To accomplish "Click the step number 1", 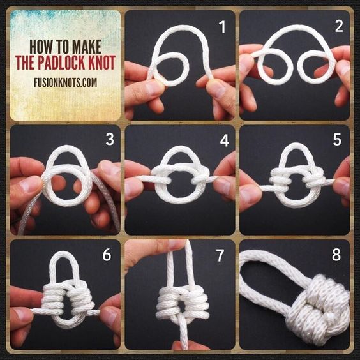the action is pyautogui.click(x=222, y=27).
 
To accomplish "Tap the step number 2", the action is pyautogui.click(x=339, y=26).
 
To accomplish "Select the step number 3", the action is pyautogui.click(x=110, y=139).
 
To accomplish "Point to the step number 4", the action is pyautogui.click(x=224, y=140).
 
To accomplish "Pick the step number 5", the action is pyautogui.click(x=337, y=139).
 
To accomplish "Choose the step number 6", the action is pyautogui.click(x=107, y=255).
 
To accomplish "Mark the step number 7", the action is pyautogui.click(x=220, y=256).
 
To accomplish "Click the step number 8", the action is pyautogui.click(x=336, y=255).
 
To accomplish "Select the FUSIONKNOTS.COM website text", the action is pyautogui.click(x=66, y=82).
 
